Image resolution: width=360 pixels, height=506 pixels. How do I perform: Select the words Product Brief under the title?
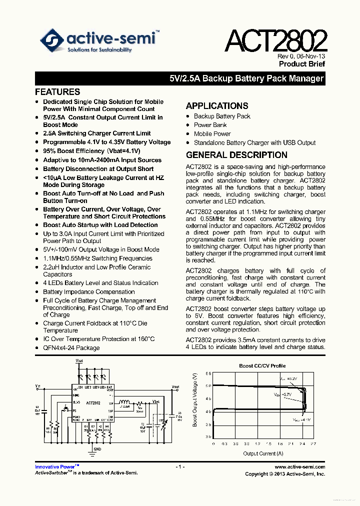[x=302, y=64]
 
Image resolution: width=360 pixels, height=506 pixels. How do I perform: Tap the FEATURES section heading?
[x=57, y=92]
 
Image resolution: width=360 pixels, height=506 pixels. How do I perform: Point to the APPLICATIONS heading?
[x=217, y=106]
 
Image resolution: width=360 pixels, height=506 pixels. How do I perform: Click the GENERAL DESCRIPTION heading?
[x=236, y=155]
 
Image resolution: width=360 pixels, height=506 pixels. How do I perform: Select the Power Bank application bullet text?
[x=210, y=125]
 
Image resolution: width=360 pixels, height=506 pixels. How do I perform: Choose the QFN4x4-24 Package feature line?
[x=71, y=348]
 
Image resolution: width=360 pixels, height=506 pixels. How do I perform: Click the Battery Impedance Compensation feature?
[x=88, y=292]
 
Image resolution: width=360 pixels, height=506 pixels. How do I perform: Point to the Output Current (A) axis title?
[x=263, y=453]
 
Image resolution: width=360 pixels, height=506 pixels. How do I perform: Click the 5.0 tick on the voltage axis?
[x=208, y=385]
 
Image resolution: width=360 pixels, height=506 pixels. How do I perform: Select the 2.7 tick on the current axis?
[x=313, y=443]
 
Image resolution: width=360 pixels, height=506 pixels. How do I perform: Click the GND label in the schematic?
[x=97, y=449]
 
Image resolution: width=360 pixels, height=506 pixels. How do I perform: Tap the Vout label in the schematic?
[x=175, y=386]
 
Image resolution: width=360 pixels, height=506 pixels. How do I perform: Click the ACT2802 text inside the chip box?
[x=93, y=403]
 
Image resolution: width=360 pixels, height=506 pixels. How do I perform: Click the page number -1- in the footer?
[x=180, y=467]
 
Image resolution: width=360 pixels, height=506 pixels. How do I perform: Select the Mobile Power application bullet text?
[x=212, y=134]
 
